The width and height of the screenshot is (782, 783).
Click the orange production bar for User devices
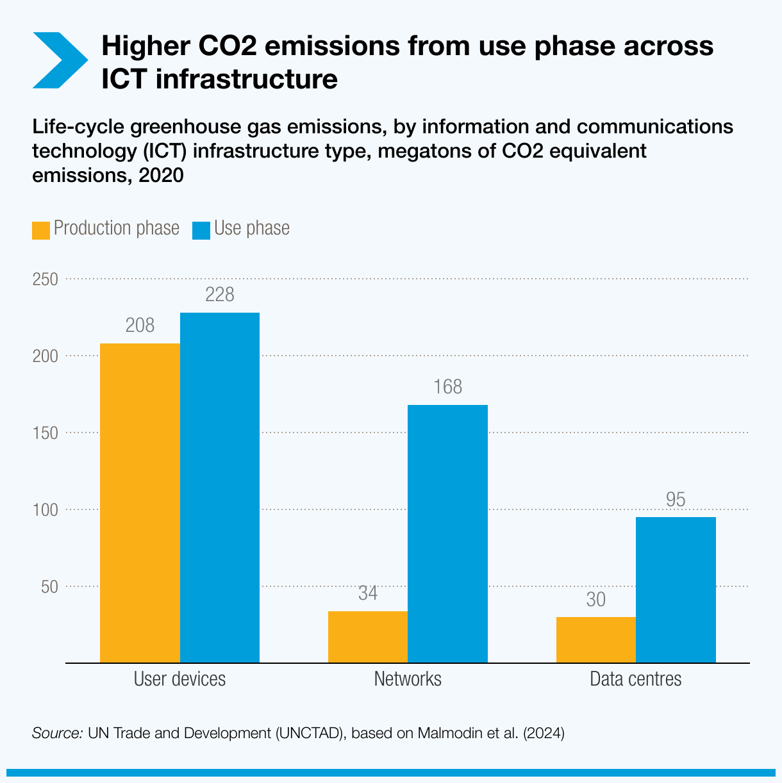click(140, 503)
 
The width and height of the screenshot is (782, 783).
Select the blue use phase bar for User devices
click(220, 488)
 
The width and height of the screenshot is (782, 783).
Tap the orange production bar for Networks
click(368, 637)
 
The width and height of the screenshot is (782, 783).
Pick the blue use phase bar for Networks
click(447, 534)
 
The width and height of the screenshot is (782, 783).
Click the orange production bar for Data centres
click(596, 639)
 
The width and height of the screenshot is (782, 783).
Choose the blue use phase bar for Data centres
click(676, 589)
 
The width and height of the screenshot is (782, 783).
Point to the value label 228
click(220, 295)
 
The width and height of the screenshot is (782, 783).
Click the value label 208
click(140, 326)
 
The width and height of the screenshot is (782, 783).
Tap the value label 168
click(447, 387)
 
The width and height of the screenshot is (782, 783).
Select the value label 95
click(676, 500)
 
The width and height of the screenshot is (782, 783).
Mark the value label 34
click(368, 593)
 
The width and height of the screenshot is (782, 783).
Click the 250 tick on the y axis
click(46, 279)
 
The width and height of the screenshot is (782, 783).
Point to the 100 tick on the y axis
click(46, 510)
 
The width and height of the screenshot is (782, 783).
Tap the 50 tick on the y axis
click(49, 587)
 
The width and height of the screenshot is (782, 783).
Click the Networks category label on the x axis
click(408, 679)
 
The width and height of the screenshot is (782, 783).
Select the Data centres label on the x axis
click(635, 679)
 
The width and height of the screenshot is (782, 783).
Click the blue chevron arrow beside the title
click(60, 60)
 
